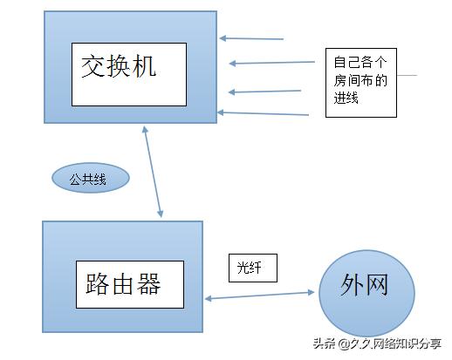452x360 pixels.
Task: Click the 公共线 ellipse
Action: coord(90,179)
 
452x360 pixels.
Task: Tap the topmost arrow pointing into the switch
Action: coord(252,38)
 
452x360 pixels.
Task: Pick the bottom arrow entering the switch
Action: coord(263,113)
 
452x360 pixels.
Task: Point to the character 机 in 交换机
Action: coord(146,66)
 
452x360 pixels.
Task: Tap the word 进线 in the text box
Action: coord(346,100)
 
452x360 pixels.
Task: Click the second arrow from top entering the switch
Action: coord(272,62)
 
